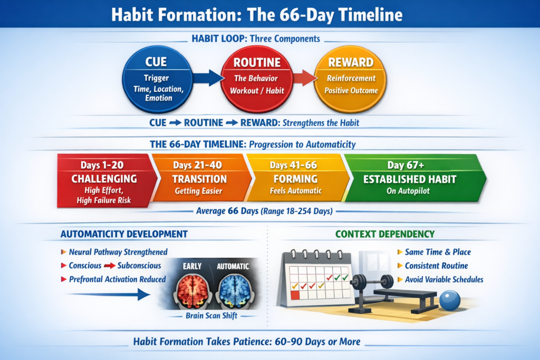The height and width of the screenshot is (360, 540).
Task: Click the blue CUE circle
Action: click(x=157, y=80)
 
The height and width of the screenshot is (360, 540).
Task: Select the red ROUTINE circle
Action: click(x=257, y=80)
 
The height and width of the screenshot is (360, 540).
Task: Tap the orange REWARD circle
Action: click(x=351, y=80)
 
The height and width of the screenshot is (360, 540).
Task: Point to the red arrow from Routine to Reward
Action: click(x=305, y=78)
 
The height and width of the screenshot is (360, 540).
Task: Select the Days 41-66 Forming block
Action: click(x=297, y=178)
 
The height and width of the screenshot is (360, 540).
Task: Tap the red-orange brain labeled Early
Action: click(x=193, y=291)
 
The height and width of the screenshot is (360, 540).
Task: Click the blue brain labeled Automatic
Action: click(x=235, y=291)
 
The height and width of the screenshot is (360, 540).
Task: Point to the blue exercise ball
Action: click(x=450, y=300)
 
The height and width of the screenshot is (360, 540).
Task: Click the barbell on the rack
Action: click(x=373, y=281)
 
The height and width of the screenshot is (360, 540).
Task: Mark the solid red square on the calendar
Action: click(x=295, y=295)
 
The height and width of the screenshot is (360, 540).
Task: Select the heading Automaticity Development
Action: click(x=124, y=234)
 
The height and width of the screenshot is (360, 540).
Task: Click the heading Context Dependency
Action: click(x=385, y=234)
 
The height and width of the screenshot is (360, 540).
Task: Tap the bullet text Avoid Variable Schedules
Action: click(x=444, y=279)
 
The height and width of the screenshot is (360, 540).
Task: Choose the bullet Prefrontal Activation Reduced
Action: click(x=118, y=279)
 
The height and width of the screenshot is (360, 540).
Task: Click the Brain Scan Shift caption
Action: click(x=211, y=316)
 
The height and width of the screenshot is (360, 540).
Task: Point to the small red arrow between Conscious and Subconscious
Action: click(x=110, y=266)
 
